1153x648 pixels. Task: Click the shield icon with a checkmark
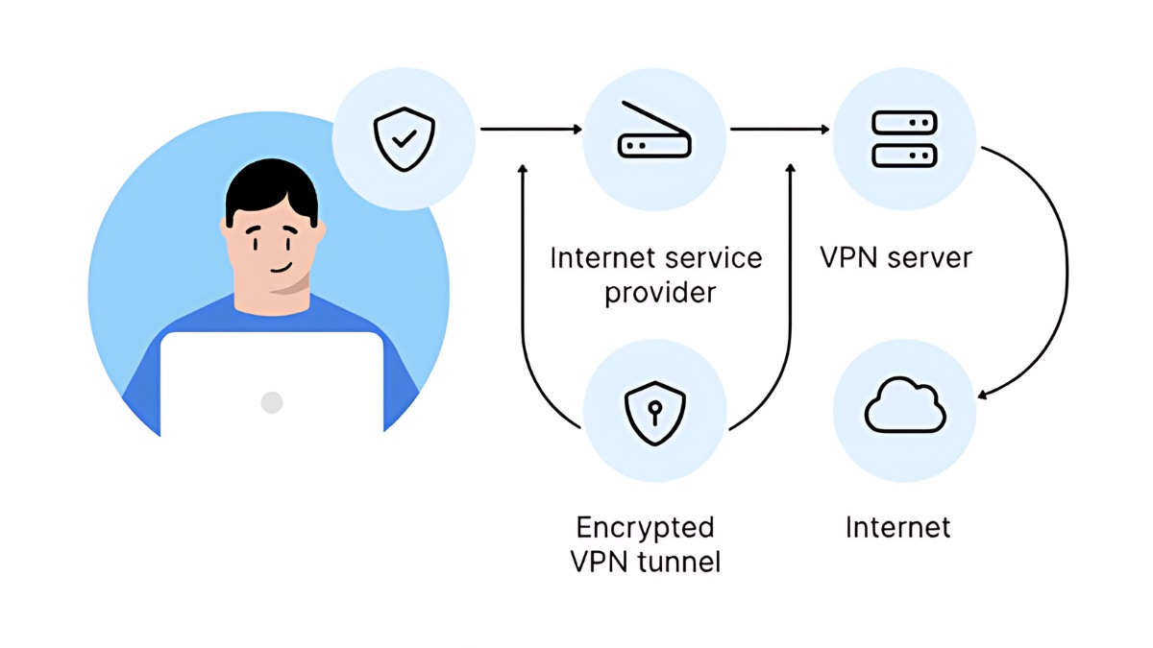tap(404, 139)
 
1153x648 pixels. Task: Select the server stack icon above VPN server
tap(903, 138)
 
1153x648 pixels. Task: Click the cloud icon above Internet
tap(904, 408)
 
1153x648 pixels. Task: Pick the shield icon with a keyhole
tap(654, 412)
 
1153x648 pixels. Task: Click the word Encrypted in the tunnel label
tap(645, 527)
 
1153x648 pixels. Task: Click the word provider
tap(660, 292)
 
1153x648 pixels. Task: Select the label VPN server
tap(895, 257)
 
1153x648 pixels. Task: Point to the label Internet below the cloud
tap(897, 527)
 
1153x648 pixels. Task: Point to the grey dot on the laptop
tap(272, 402)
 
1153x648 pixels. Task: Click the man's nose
tap(274, 248)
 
